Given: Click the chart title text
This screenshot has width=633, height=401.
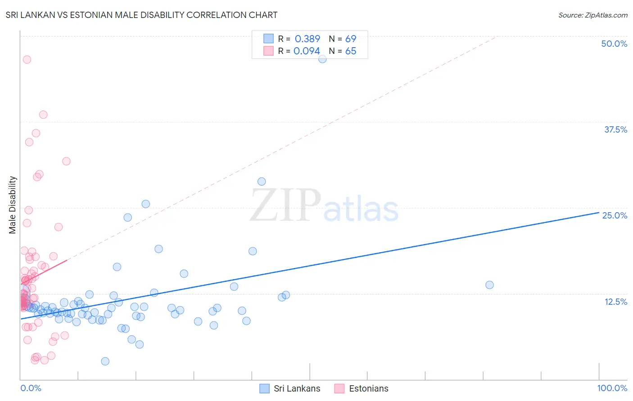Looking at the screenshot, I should click(141, 15).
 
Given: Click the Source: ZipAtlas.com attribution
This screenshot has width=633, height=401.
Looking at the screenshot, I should click(592, 15).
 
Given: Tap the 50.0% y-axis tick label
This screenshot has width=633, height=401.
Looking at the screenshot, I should click(614, 44).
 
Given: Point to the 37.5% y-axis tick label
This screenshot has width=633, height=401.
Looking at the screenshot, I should click(615, 129).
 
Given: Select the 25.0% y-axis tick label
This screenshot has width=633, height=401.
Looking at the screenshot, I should click(615, 215).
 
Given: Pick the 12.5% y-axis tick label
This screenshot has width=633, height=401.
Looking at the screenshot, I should click(615, 302).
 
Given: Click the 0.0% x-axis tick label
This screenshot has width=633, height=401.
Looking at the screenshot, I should click(31, 388).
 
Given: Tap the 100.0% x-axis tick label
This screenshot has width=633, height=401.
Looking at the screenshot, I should click(612, 388).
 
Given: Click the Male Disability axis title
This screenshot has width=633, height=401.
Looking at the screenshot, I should click(13, 205).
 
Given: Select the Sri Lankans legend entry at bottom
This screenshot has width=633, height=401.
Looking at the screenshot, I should click(290, 388).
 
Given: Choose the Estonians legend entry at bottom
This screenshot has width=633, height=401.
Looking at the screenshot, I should click(362, 388).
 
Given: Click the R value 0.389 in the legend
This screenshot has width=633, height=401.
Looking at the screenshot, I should click(307, 39).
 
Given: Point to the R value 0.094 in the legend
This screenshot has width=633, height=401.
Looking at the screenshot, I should click(307, 51).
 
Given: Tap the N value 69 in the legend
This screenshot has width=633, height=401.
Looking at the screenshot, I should click(351, 39).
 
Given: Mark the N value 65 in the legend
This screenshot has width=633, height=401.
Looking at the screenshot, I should click(351, 51).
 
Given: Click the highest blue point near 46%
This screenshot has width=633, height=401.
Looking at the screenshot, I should click(322, 59).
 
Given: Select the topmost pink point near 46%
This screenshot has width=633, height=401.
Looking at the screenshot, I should click(27, 59).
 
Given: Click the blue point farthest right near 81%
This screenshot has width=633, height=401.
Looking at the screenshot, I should click(489, 285).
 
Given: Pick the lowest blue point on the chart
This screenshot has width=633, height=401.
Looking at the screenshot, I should click(105, 361).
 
